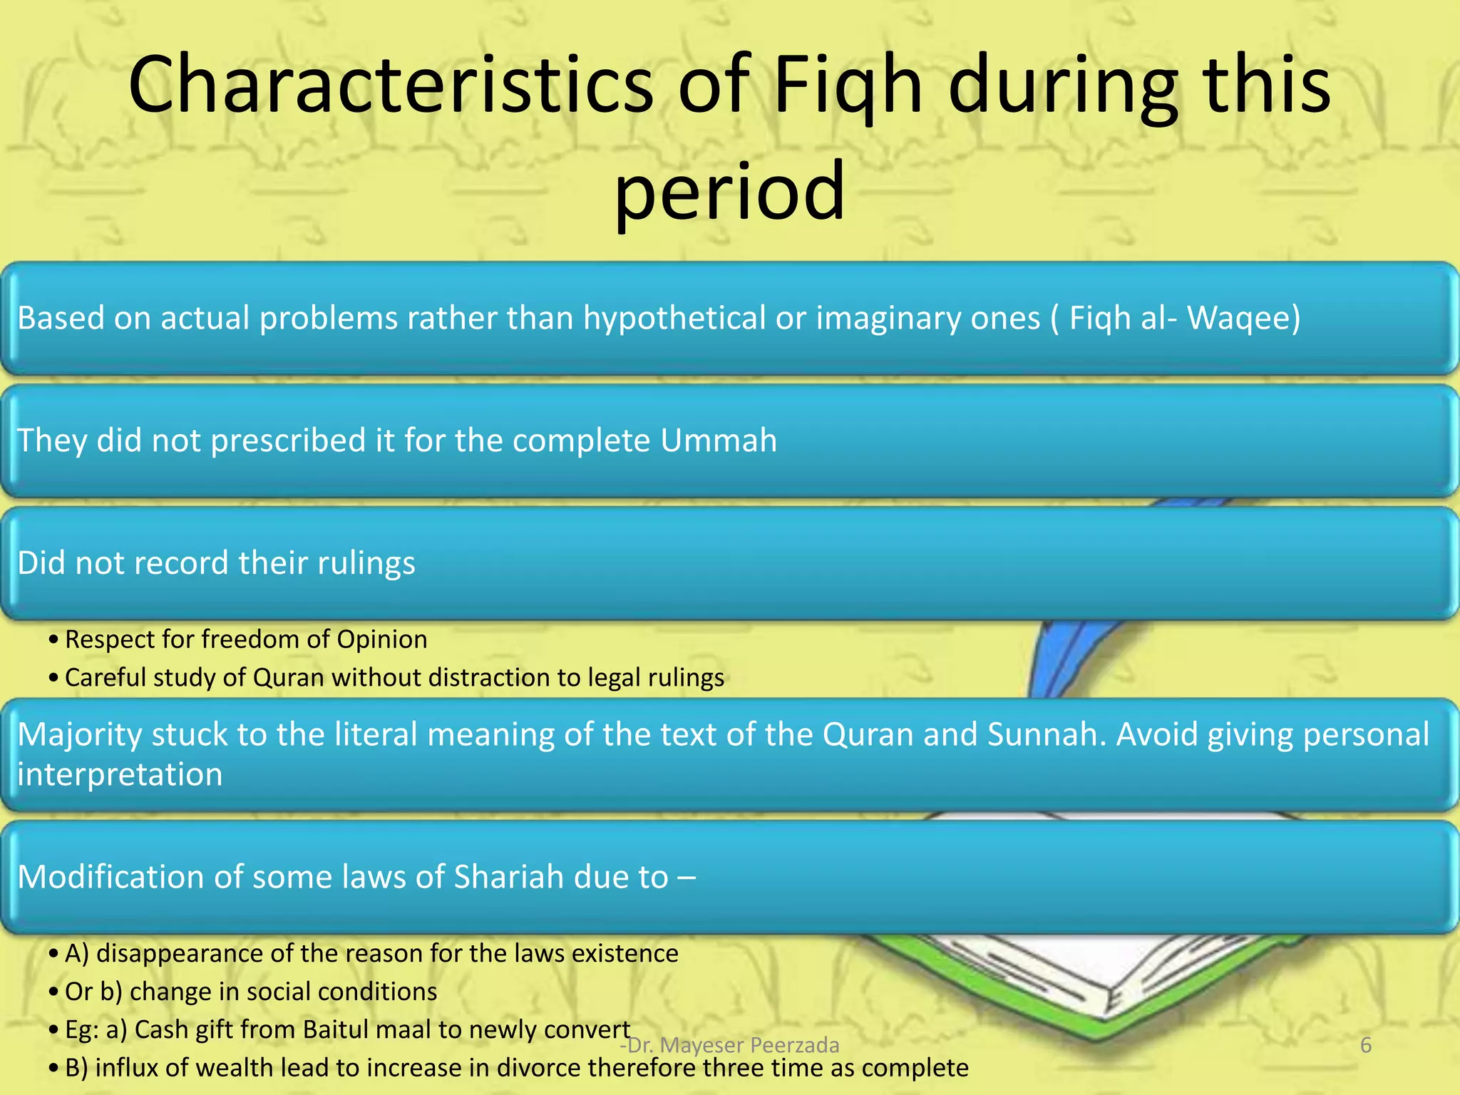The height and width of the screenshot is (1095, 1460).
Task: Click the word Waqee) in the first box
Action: [x=1243, y=318]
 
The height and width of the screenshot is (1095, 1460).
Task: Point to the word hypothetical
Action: [x=674, y=318]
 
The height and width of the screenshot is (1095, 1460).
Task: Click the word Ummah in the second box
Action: [x=718, y=441]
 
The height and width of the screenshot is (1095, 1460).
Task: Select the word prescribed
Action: [x=289, y=441]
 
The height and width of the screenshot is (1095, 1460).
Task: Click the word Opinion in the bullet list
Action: [x=381, y=639]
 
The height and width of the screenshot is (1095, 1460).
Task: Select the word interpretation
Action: [x=120, y=774]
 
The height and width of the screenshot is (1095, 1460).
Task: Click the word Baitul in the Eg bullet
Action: [x=339, y=1029]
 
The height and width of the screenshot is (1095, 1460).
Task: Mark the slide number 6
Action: [x=1366, y=1045]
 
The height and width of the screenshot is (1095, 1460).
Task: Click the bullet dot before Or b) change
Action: [x=53, y=992]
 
